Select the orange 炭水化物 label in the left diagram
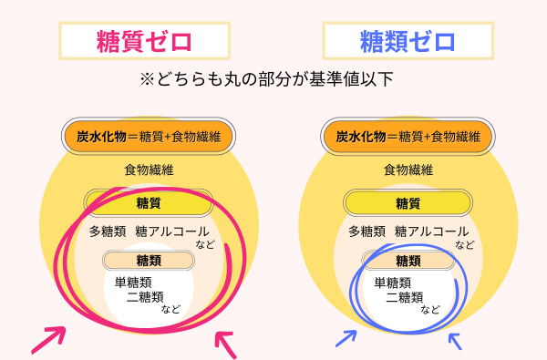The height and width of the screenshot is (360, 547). [149, 137]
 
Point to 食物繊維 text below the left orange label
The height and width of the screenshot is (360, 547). [150, 170]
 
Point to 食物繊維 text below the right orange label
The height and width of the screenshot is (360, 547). [408, 170]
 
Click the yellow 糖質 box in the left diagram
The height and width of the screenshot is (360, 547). [149, 201]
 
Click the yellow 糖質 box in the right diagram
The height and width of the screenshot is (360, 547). [408, 202]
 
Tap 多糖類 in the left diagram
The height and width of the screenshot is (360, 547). [108, 231]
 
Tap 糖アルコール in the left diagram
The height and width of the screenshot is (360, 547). [172, 231]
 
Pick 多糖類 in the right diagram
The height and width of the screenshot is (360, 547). [367, 231]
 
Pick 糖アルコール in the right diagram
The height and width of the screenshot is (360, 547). [432, 231]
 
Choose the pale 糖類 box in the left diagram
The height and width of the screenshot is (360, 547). [149, 261]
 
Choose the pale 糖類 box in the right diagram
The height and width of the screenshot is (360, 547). [408, 261]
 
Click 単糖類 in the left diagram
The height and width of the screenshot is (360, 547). [133, 282]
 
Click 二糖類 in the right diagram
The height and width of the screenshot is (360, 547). [405, 297]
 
